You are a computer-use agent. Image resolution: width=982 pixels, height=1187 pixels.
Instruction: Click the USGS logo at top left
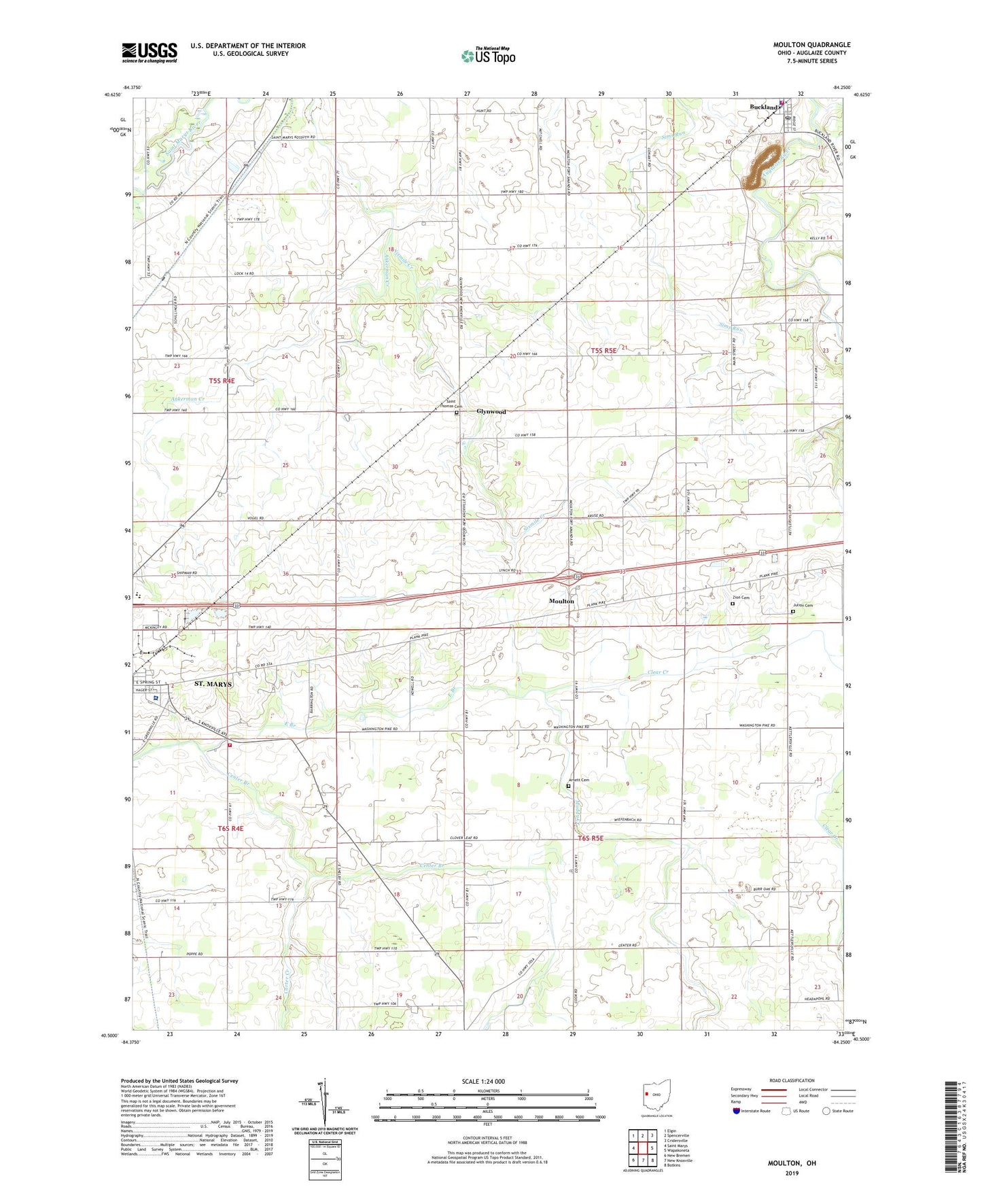tap(149, 52)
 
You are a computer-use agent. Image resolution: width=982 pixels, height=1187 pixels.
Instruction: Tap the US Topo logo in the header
tap(488, 56)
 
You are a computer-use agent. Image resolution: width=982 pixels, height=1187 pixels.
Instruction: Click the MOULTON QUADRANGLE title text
tap(811, 45)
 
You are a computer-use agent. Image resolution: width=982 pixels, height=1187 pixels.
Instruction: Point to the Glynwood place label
tap(491, 411)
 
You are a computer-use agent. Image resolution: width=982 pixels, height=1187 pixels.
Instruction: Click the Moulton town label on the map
tap(561, 601)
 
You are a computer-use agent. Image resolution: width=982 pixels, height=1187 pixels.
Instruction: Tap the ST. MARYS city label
tap(213, 684)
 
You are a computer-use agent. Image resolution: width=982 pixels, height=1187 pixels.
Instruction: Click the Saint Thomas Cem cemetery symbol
tap(457, 412)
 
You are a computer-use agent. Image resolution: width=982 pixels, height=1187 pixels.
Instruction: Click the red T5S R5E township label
tap(603, 350)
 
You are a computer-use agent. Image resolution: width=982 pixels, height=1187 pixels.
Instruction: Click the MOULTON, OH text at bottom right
tap(792, 1163)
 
